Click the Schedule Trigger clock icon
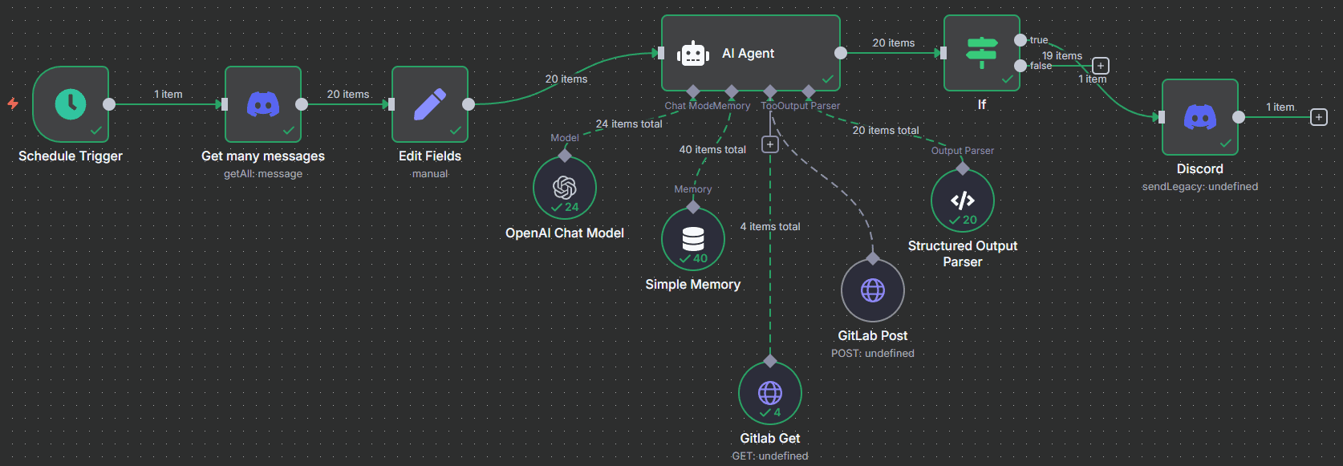click(x=71, y=103)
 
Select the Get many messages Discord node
click(x=263, y=103)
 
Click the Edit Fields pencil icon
click(x=430, y=103)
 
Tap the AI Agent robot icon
click(x=693, y=54)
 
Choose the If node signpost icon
click(x=981, y=53)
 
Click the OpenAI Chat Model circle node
click(x=565, y=188)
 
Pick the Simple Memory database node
click(x=693, y=239)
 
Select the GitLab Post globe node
click(x=873, y=290)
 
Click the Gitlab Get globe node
click(x=770, y=393)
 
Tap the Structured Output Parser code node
click(x=963, y=201)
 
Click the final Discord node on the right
click(x=1200, y=117)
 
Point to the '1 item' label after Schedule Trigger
click(x=168, y=95)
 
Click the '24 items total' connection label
click(x=629, y=124)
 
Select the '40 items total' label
click(x=712, y=150)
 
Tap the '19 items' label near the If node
click(x=1062, y=56)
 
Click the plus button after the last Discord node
click(x=1319, y=117)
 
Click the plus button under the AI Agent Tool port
click(x=770, y=144)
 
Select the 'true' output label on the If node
click(x=1039, y=40)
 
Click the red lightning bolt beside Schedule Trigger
click(x=13, y=103)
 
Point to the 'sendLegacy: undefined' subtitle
click(x=1200, y=187)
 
